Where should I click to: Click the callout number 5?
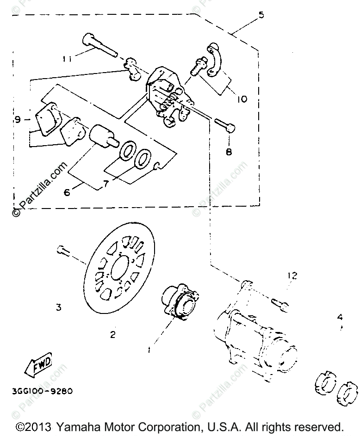click(261, 15)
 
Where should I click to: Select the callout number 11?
click(68, 59)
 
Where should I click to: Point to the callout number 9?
click(18, 120)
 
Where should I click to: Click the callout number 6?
click(67, 192)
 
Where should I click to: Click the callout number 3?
click(58, 307)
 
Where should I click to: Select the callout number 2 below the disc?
click(113, 334)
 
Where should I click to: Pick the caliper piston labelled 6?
click(100, 135)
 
